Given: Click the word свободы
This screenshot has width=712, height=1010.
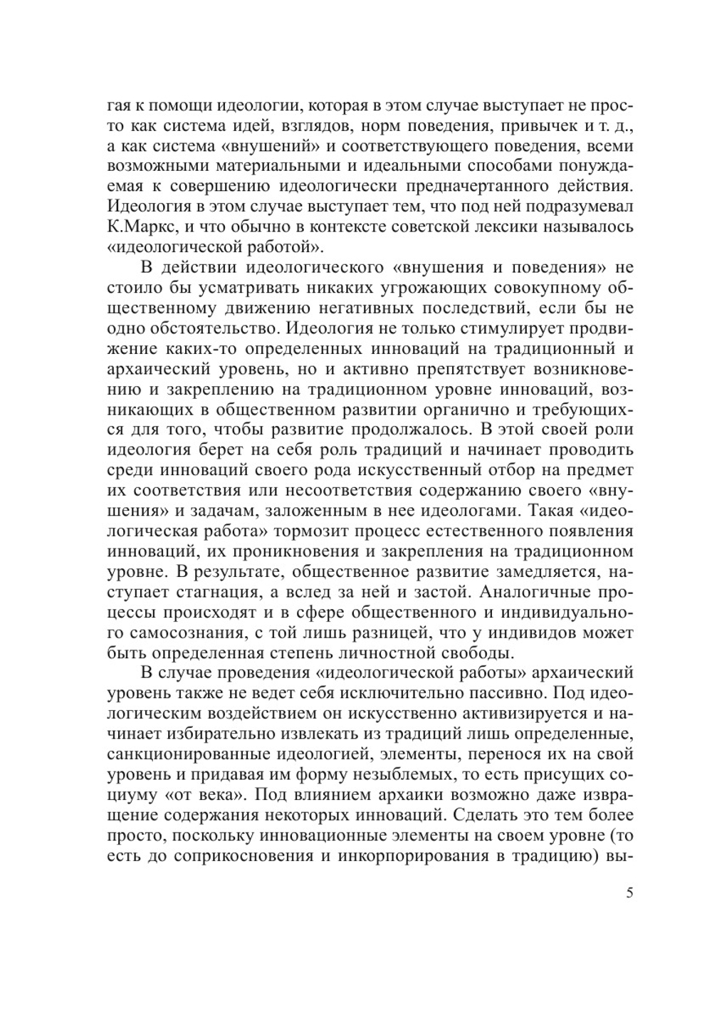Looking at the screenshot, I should point(473,652).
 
